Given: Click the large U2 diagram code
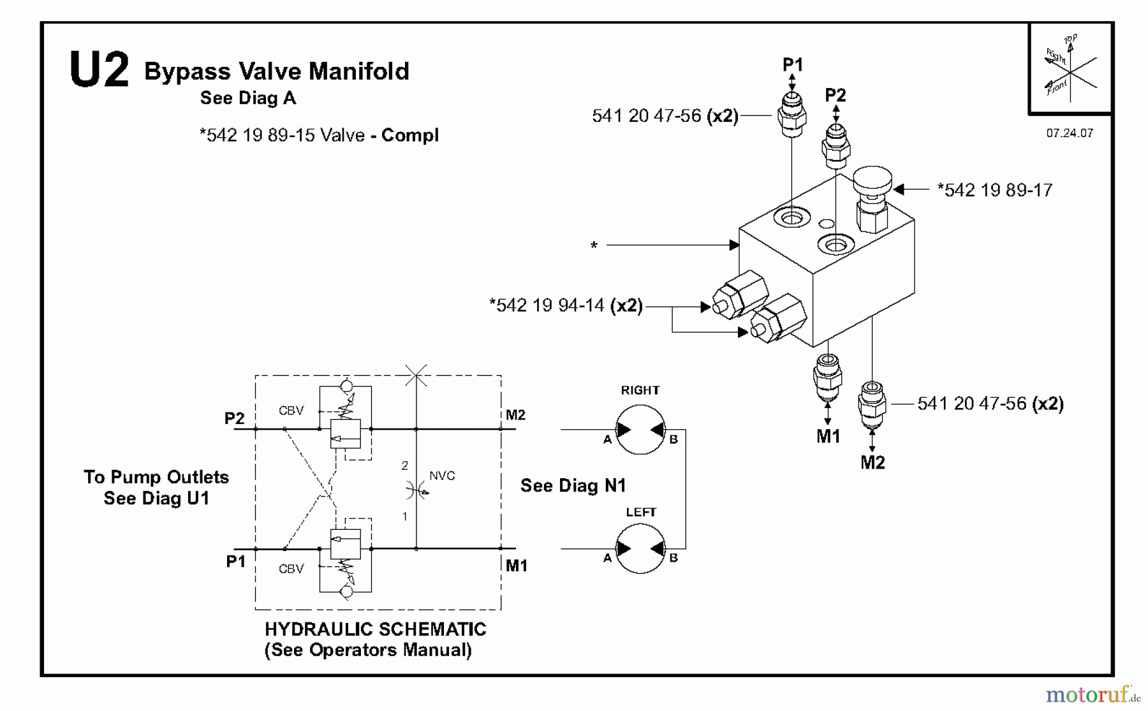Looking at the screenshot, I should (99, 70).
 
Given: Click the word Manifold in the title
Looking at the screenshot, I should (359, 71).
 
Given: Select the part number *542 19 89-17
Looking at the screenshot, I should (994, 190).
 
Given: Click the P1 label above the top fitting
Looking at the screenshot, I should (793, 64).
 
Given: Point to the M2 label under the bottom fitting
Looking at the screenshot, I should (872, 463).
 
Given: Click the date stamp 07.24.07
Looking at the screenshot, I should (1070, 133).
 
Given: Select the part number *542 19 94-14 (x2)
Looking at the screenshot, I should (566, 305).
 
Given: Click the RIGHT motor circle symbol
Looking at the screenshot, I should (640, 430).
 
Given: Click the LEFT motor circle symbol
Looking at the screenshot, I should (640, 548).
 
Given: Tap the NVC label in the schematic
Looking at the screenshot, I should (442, 476).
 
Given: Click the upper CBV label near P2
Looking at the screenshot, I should (291, 411).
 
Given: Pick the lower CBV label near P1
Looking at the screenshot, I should (291, 569).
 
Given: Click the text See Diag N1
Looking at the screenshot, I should (573, 486).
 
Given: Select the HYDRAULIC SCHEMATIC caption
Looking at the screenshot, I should (375, 629).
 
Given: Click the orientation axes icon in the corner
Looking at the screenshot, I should (1070, 68).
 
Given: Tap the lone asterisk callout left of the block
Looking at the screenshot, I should (594, 246).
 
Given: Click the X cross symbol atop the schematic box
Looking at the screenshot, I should (416, 375).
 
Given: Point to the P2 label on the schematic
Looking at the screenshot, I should (234, 418).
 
